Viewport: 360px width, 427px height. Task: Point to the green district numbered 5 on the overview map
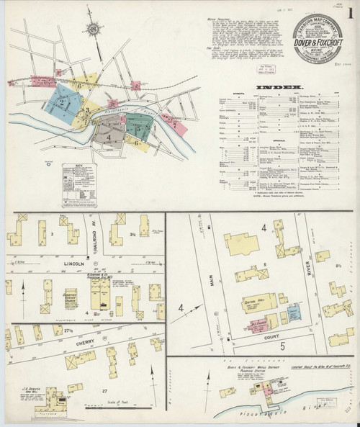[140, 130]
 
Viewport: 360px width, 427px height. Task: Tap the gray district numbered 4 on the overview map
[109, 135]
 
